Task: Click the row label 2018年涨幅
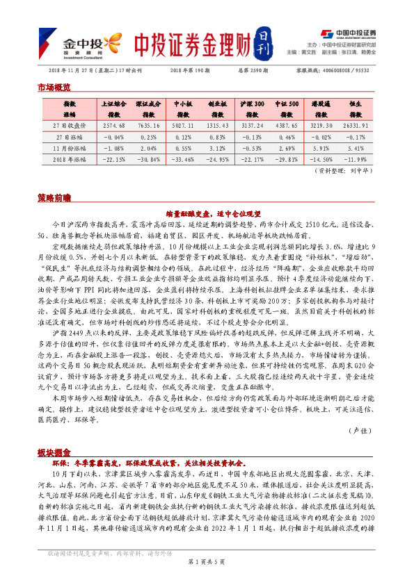tap(70, 159)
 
